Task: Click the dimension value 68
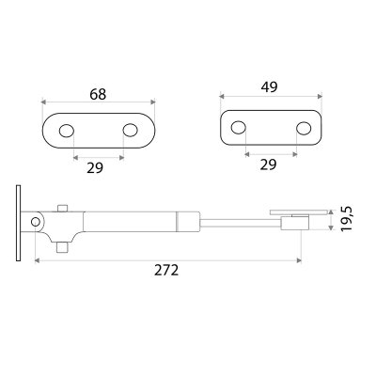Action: coord(98,94)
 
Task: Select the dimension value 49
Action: coord(270,86)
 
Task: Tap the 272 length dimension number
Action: coord(166,270)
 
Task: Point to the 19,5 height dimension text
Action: coord(347,219)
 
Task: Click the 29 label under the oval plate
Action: coord(95,168)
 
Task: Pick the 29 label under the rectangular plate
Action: coord(268,164)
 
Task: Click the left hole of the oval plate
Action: coord(66,131)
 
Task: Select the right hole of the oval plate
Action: coord(131,130)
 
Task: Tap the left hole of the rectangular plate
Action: coord(239,127)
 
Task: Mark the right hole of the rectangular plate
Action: coord(304,128)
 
